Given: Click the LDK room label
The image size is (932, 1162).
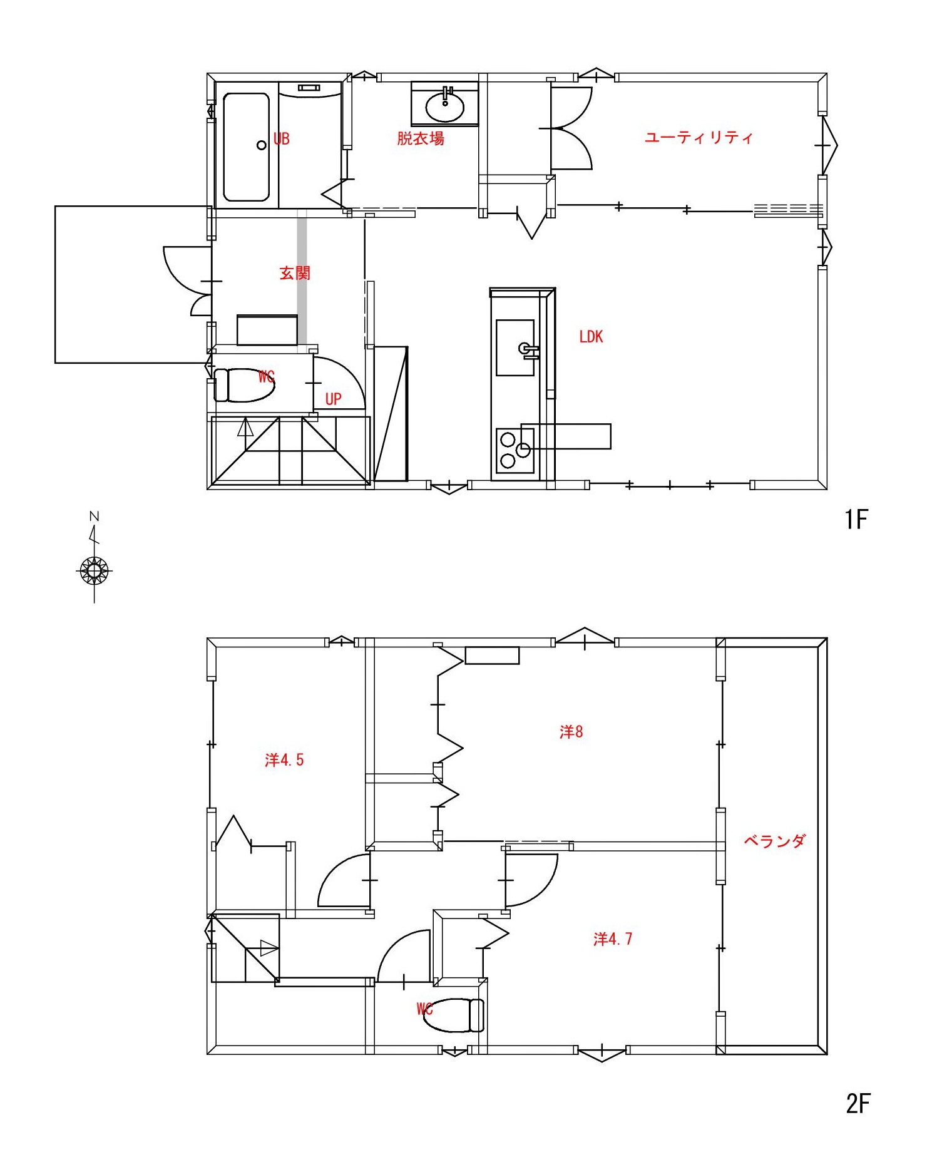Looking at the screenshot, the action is pyautogui.click(x=591, y=337).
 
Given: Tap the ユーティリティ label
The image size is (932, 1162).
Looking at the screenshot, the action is pyautogui.click(x=699, y=137).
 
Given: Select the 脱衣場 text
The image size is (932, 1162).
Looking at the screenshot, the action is pyautogui.click(x=421, y=138).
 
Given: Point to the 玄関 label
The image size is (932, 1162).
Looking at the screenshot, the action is pyautogui.click(x=295, y=273).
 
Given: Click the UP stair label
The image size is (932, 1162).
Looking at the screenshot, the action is pyautogui.click(x=333, y=399).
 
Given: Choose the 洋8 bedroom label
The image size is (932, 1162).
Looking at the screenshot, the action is pyautogui.click(x=571, y=731).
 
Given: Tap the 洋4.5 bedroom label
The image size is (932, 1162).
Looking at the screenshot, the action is pyautogui.click(x=284, y=759).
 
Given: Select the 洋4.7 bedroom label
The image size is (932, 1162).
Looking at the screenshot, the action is pyautogui.click(x=613, y=938).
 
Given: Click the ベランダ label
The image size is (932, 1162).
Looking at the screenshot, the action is pyautogui.click(x=774, y=841).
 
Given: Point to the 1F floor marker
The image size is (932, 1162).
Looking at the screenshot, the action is pyautogui.click(x=856, y=519).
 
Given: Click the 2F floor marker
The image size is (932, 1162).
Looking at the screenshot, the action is pyautogui.click(x=858, y=1103).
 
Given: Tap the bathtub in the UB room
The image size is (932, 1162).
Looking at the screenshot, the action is pyautogui.click(x=247, y=147).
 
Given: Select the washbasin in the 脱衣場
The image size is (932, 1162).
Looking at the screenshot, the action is pyautogui.click(x=445, y=106).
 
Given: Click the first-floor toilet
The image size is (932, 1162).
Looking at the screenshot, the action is pyautogui.click(x=244, y=385).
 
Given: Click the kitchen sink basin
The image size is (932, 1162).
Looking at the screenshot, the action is pyautogui.click(x=515, y=347).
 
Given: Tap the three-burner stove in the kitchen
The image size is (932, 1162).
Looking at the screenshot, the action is pyautogui.click(x=516, y=450).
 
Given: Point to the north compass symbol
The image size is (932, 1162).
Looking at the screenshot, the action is pyautogui.click(x=95, y=570).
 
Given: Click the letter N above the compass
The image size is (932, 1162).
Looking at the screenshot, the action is pyautogui.click(x=95, y=517).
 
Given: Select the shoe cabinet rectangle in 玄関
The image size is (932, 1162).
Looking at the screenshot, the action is pyautogui.click(x=267, y=330).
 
